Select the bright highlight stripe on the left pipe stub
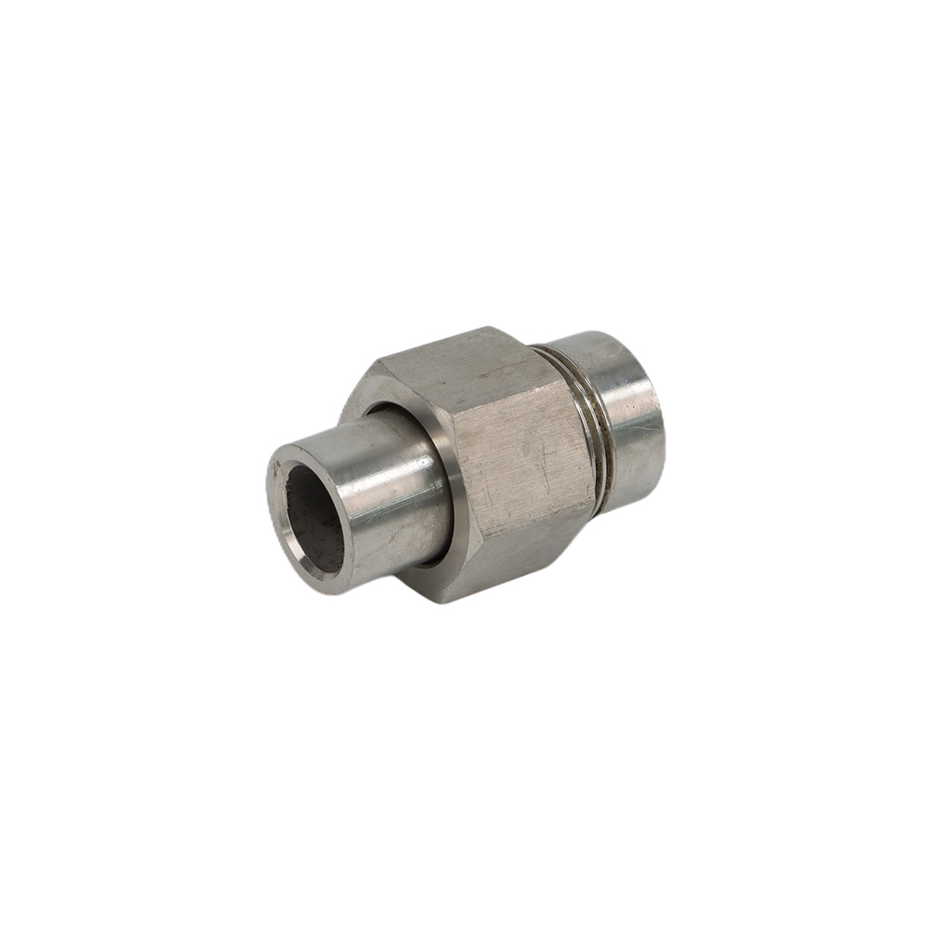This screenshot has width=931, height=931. tap(372, 465)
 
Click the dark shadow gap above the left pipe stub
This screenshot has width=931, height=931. tap(391, 411)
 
